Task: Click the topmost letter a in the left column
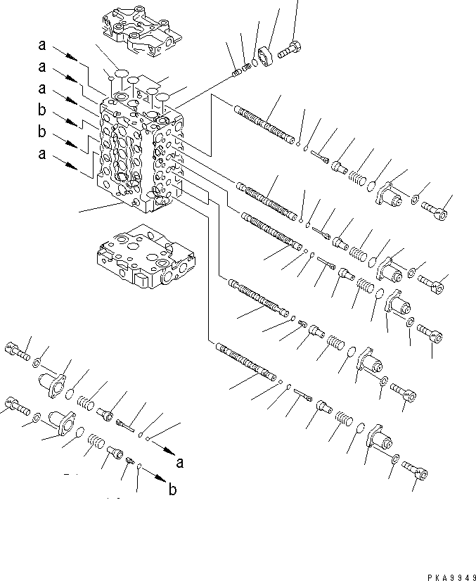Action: click(43, 46)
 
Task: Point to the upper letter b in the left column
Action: click(43, 110)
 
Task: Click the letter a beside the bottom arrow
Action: click(180, 462)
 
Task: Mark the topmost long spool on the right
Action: click(263, 122)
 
